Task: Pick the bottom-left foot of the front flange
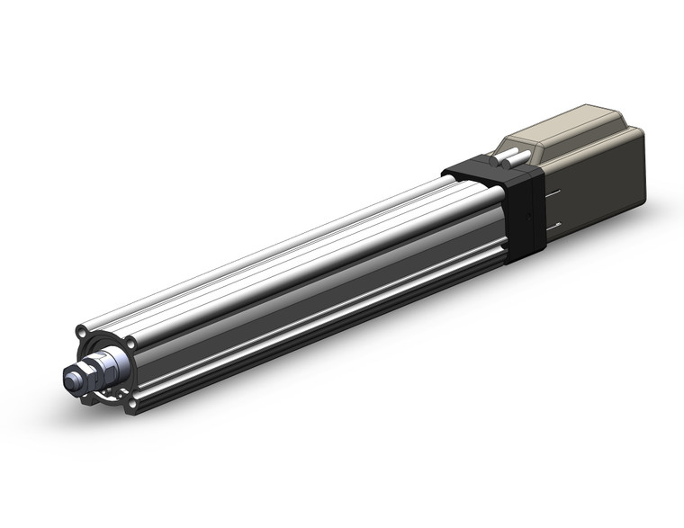pyautogui.click(x=87, y=396)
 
